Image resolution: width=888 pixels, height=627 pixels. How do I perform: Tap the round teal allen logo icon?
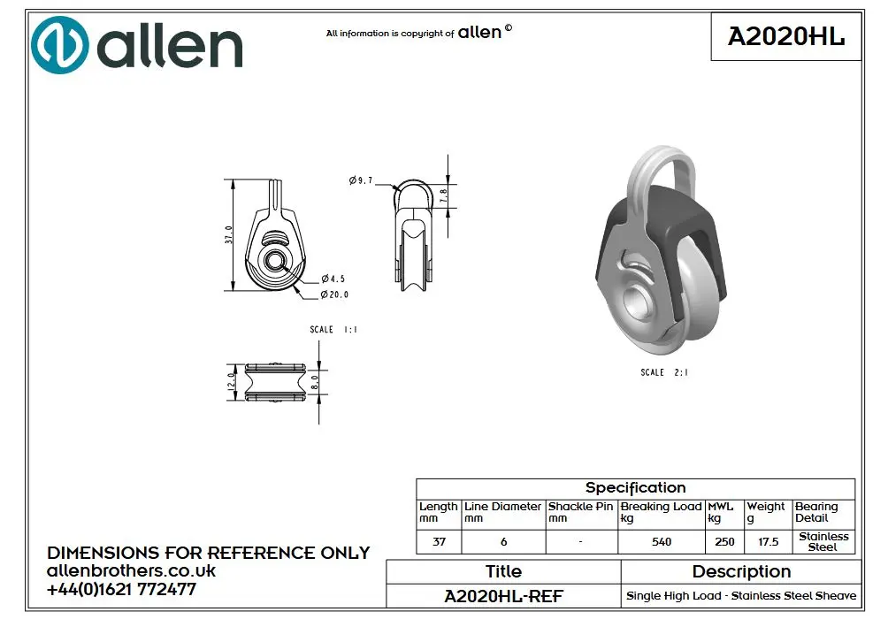[60, 45]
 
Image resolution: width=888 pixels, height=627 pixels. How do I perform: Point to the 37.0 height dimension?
[229, 234]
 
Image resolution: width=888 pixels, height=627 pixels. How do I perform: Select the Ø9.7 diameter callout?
[361, 180]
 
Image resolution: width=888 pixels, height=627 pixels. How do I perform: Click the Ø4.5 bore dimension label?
[333, 279]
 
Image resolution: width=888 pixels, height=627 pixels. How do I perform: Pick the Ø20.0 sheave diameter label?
[334, 294]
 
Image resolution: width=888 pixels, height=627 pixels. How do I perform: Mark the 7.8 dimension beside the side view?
[443, 196]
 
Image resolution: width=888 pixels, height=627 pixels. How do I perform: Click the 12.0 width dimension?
[231, 381]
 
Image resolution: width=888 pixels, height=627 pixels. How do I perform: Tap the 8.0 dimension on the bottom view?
[314, 382]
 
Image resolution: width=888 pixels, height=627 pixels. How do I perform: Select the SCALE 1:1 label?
[333, 330]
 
